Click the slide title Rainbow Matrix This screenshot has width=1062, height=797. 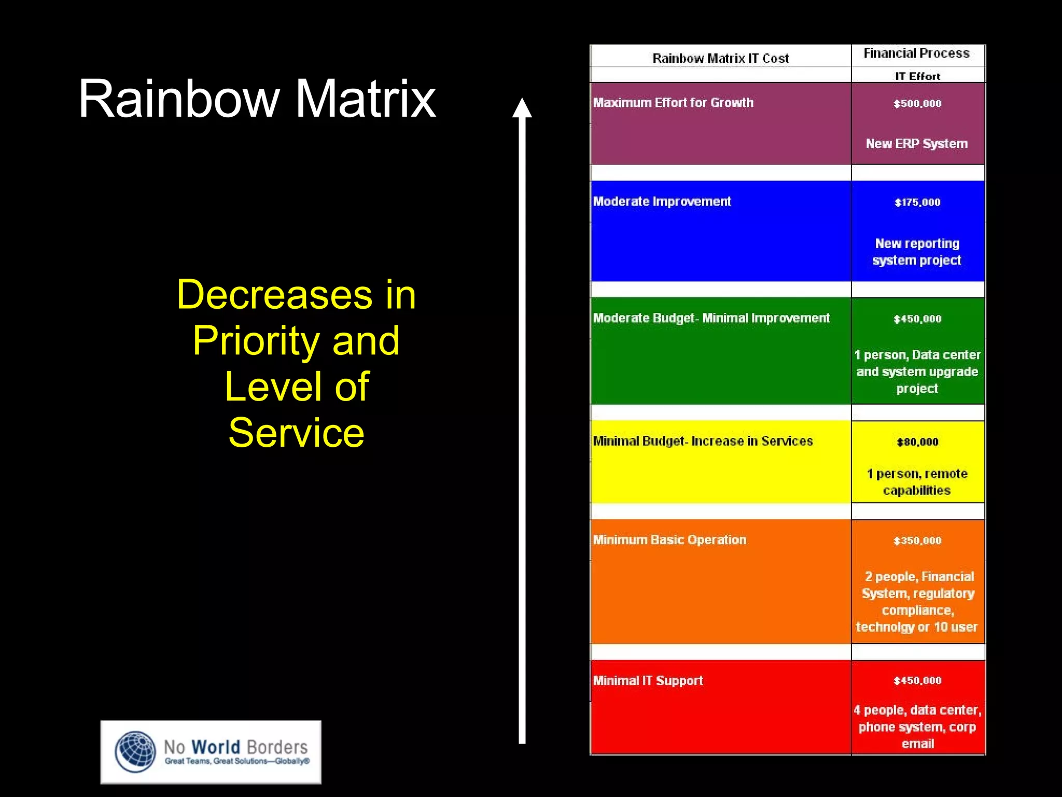[x=257, y=99]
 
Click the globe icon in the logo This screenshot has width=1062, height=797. [x=135, y=752]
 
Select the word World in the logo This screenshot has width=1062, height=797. [x=216, y=747]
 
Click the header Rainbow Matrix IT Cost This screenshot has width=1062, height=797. [x=720, y=58]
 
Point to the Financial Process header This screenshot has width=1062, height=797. [x=916, y=53]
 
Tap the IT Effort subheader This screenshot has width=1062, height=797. [x=917, y=76]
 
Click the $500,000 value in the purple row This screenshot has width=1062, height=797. [x=917, y=103]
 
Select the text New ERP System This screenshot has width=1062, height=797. [x=916, y=143]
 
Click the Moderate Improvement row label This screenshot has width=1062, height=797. [x=662, y=201]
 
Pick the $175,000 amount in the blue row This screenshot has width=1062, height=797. [x=917, y=202]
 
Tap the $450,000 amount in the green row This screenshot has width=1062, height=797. [x=917, y=319]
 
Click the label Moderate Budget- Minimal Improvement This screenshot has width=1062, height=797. [x=711, y=318]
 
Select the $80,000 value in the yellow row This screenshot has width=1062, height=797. [x=917, y=442]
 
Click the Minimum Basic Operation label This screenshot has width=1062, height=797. [x=669, y=540]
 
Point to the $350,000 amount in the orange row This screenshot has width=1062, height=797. [x=917, y=541]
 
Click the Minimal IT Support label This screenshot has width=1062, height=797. [x=648, y=680]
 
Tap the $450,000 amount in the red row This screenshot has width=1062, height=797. [x=917, y=680]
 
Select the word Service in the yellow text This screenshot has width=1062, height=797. [x=296, y=432]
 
